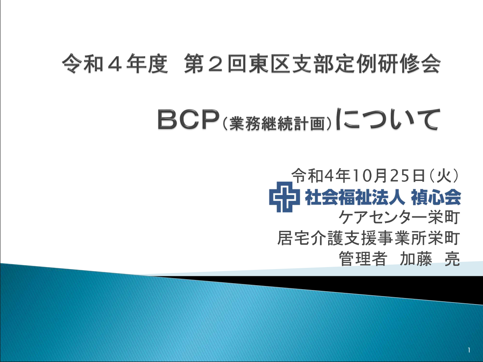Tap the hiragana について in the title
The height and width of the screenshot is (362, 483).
tap(386, 119)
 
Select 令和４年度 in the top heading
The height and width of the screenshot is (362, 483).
tap(115, 64)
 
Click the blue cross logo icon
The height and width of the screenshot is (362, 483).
tap(284, 197)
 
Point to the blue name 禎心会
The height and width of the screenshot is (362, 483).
tap(436, 197)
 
